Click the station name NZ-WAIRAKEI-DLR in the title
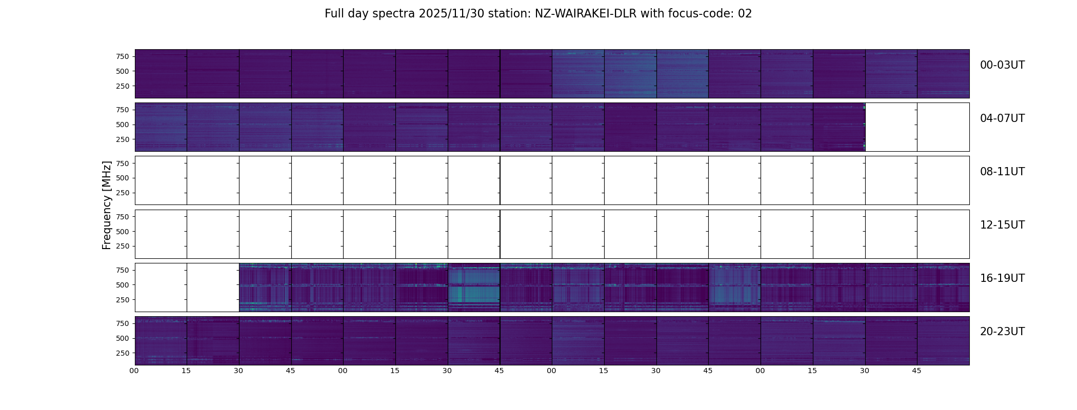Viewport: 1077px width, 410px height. (x=585, y=14)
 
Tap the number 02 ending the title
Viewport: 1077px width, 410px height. (x=745, y=14)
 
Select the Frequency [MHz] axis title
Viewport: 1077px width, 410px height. (x=107, y=205)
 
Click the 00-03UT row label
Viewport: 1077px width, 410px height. (x=1002, y=65)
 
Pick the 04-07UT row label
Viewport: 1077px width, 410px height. (x=1002, y=118)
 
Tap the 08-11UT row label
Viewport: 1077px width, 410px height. (x=1002, y=172)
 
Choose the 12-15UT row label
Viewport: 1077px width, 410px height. (x=1002, y=225)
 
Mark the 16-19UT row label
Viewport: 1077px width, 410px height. (x=1002, y=278)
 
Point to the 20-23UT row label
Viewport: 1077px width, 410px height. (x=1002, y=332)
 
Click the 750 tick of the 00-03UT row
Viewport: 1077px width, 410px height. (x=122, y=56)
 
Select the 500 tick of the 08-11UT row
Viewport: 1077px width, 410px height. (x=122, y=178)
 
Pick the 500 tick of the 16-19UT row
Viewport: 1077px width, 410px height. (x=122, y=285)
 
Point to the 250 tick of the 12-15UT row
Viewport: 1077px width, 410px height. (x=122, y=247)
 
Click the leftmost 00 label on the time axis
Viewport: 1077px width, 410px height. (x=134, y=371)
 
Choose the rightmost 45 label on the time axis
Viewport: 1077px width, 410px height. (x=916, y=371)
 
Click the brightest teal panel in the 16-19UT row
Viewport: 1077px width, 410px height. (x=474, y=287)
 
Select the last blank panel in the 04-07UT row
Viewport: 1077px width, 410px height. (x=943, y=127)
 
